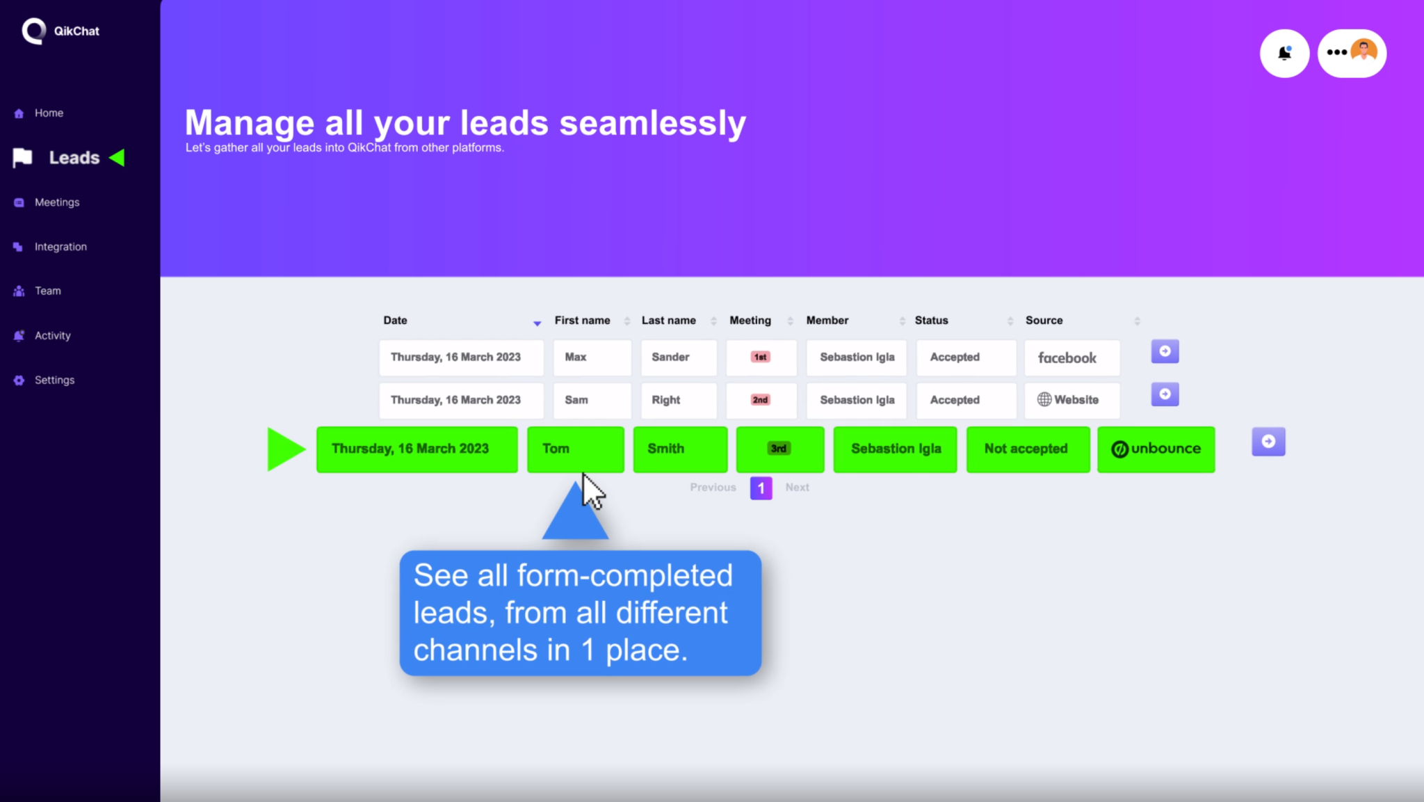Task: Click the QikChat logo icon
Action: point(33,31)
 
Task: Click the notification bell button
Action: point(1284,54)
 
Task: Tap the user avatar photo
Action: point(1364,51)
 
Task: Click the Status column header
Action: point(931,321)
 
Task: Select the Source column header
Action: point(1044,321)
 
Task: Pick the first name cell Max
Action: point(592,358)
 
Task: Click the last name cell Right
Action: point(679,400)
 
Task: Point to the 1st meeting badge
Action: point(761,357)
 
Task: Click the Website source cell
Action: point(1072,400)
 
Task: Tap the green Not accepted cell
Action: point(1028,449)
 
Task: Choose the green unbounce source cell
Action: point(1156,449)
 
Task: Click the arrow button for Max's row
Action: point(1165,351)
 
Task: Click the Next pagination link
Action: point(797,488)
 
